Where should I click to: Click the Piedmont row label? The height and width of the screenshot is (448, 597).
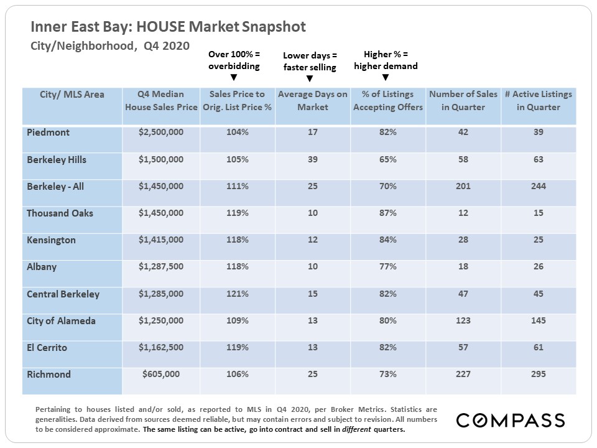(49, 133)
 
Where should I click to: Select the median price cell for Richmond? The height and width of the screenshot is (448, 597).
(161, 374)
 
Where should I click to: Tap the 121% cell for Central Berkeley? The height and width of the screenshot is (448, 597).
(237, 294)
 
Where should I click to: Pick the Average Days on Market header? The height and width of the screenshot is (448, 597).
(312, 100)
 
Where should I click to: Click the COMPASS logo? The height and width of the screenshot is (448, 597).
(511, 420)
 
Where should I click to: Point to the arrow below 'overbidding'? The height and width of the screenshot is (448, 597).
(234, 78)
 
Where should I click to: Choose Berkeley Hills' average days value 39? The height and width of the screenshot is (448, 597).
(312, 159)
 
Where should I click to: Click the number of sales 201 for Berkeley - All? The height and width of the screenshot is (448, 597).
(463, 186)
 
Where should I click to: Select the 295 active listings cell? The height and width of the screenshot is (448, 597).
(538, 374)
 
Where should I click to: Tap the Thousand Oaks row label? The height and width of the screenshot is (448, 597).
(60, 213)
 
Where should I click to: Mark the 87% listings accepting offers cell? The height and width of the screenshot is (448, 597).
(388, 213)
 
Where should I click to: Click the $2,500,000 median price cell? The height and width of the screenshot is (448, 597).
(161, 133)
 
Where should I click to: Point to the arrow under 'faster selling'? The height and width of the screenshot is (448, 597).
(310, 78)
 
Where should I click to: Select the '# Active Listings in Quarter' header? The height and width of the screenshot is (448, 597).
(538, 100)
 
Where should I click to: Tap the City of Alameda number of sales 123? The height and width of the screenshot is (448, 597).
(463, 320)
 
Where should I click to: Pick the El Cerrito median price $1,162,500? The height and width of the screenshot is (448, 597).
(161, 347)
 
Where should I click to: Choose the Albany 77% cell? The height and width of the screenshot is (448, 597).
(388, 266)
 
